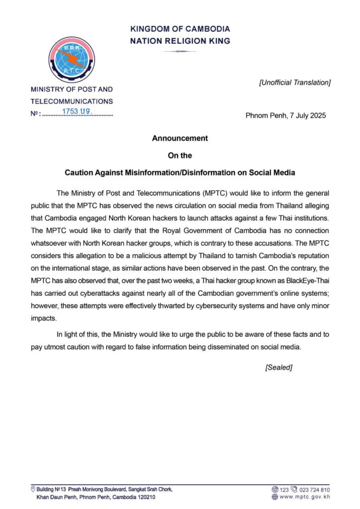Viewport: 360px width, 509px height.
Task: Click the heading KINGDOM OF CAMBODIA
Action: [180, 29]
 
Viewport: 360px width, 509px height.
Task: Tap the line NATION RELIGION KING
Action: [180, 41]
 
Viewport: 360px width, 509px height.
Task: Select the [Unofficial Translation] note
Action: [294, 83]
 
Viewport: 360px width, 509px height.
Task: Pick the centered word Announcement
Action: [180, 138]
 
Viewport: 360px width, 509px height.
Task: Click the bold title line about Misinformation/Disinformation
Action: [180, 173]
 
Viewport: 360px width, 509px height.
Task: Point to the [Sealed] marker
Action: [278, 367]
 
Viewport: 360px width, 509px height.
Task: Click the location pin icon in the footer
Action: [33, 489]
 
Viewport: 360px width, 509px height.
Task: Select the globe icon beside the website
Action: [274, 497]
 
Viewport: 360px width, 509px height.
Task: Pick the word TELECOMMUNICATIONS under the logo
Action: [72, 101]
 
